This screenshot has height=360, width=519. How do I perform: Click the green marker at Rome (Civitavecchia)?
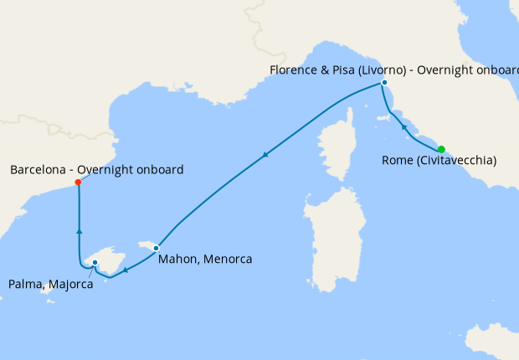(x=441, y=150)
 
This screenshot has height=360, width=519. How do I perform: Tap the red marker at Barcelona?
(x=78, y=182)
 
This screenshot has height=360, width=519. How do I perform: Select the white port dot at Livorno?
(x=384, y=83)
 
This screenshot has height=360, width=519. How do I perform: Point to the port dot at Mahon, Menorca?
(x=156, y=247)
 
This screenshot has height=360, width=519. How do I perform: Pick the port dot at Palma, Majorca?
(x=95, y=263)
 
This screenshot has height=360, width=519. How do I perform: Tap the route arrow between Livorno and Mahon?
(x=265, y=154)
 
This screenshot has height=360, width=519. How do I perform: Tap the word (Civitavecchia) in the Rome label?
(x=455, y=160)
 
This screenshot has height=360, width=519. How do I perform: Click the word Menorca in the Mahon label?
(x=225, y=260)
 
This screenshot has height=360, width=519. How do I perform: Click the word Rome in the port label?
(x=396, y=160)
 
